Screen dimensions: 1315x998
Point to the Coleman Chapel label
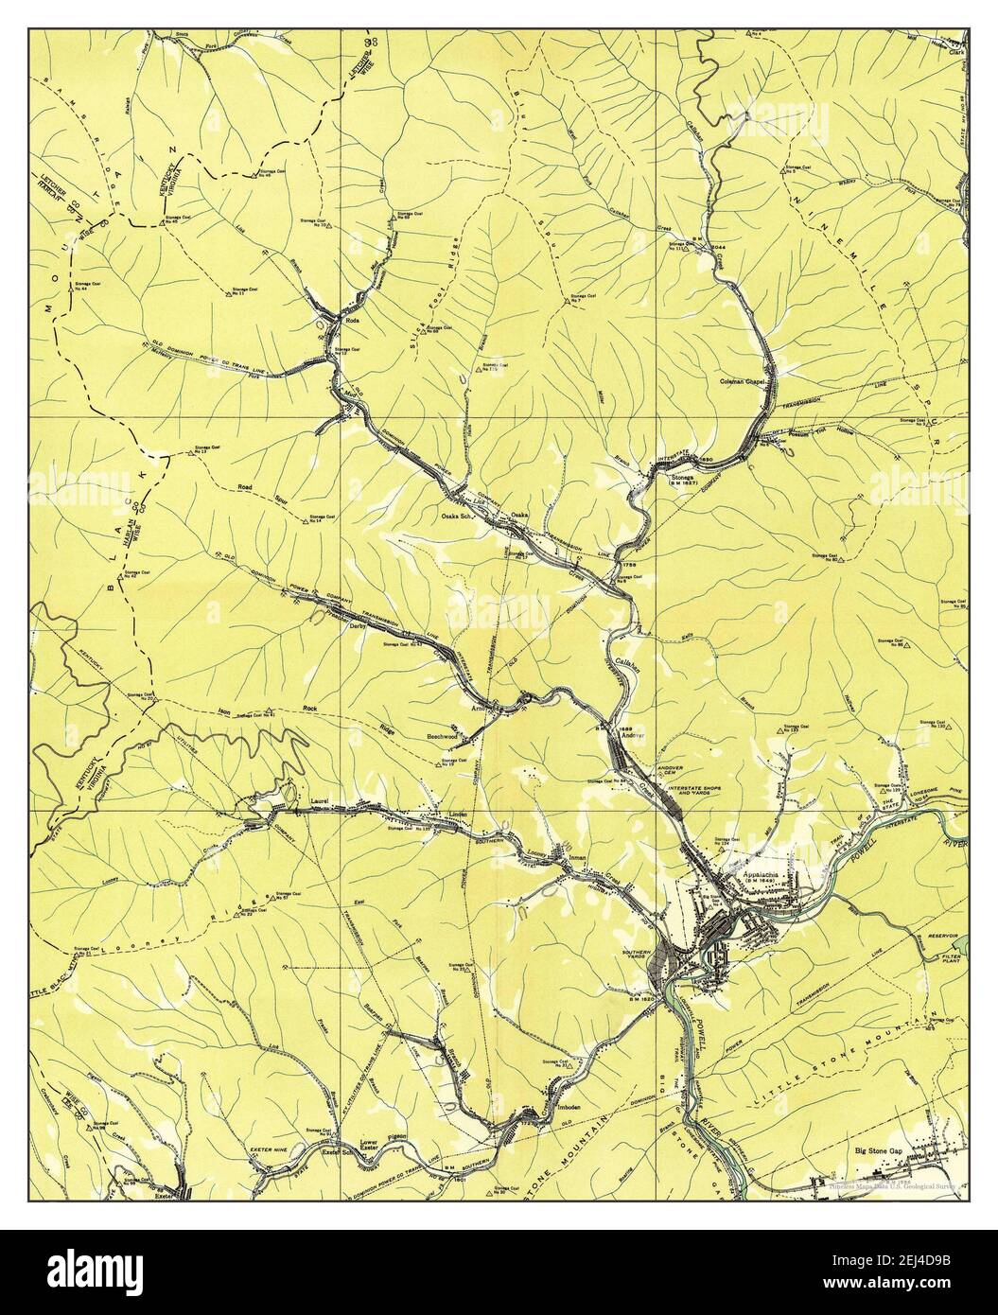[x=743, y=381]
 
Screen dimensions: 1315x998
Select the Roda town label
[x=354, y=321]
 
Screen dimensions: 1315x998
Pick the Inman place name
[x=578, y=858]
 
